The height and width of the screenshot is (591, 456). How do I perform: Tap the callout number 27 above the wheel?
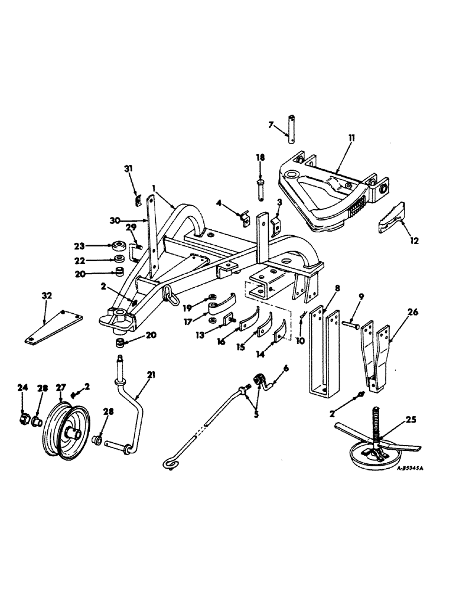(x=60, y=388)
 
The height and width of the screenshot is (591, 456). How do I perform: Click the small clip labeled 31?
(x=136, y=200)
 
